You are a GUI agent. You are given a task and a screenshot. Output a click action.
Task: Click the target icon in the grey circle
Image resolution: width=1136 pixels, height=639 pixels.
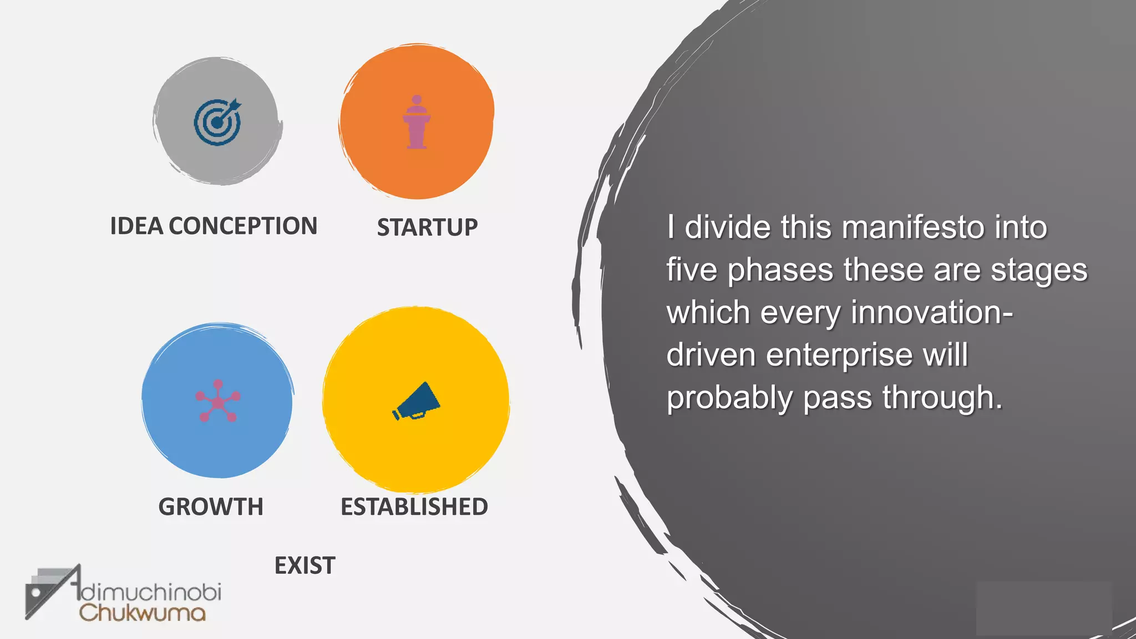pyautogui.click(x=217, y=122)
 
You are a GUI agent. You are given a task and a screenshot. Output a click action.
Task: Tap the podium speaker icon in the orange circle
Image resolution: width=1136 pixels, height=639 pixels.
pyautogui.click(x=417, y=122)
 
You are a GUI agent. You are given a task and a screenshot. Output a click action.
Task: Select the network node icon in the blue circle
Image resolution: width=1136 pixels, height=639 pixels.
pyautogui.click(x=218, y=400)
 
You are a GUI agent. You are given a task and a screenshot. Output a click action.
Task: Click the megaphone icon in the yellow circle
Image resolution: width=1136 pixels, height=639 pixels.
pyautogui.click(x=416, y=401)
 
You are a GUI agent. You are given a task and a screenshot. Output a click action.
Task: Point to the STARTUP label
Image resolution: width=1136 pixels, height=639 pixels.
pyautogui.click(x=427, y=227)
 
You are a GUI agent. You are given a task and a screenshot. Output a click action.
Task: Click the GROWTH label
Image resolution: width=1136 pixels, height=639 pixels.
pyautogui.click(x=211, y=507)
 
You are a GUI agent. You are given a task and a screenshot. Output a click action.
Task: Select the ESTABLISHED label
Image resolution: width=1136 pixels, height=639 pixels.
pyautogui.click(x=414, y=507)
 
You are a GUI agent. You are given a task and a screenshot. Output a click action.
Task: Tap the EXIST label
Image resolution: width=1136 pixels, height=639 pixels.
pyautogui.click(x=305, y=566)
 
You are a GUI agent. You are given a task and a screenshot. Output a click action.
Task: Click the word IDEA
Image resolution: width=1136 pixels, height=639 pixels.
pyautogui.click(x=136, y=226)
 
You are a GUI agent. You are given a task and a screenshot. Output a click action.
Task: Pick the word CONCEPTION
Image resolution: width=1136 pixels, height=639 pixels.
pyautogui.click(x=243, y=226)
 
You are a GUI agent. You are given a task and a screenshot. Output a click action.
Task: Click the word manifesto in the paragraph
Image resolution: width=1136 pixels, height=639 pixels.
pyautogui.click(x=912, y=227)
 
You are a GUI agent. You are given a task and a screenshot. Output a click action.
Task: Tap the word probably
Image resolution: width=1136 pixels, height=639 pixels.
pyautogui.click(x=729, y=398)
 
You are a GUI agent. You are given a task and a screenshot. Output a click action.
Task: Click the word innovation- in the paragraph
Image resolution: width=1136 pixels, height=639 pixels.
pyautogui.click(x=932, y=312)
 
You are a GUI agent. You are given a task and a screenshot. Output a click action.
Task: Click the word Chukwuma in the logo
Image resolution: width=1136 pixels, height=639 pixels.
pyautogui.click(x=143, y=613)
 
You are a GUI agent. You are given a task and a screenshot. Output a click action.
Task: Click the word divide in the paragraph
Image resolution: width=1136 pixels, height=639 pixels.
pyautogui.click(x=727, y=227)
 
